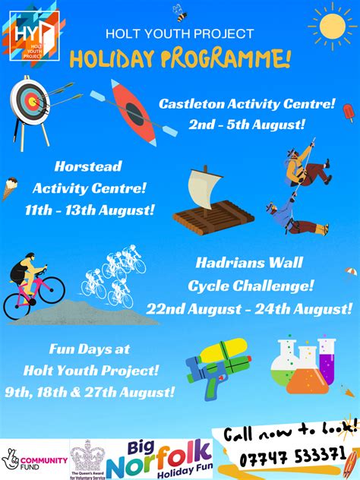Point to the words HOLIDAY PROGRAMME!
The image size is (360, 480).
180,58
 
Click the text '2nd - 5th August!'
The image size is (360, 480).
245,124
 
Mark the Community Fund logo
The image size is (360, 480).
35,460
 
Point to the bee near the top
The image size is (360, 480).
181,13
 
